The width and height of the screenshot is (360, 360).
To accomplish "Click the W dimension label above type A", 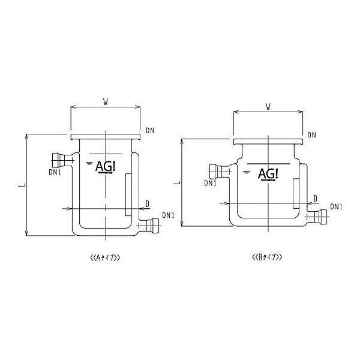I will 106,101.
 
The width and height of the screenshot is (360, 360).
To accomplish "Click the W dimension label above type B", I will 268,107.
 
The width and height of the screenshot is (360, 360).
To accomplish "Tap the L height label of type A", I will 22,185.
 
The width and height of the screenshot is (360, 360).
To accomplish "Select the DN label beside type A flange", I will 151,130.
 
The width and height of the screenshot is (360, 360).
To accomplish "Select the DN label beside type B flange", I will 311,135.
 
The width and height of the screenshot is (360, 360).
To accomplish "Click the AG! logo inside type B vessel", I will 268,173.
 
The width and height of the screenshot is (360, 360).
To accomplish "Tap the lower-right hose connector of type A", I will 152,226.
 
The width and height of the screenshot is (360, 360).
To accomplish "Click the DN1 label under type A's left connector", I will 56,172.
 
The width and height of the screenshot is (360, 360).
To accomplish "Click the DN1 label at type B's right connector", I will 337,207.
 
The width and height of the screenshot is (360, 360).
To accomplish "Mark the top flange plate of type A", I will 106,137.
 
